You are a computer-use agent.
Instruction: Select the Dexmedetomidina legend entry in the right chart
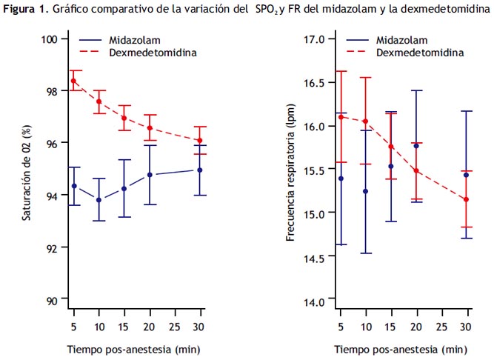tap(420, 53)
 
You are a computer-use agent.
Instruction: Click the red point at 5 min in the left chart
tap(73, 81)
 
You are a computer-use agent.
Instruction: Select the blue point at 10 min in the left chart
tap(99, 200)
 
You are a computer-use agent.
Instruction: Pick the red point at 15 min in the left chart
tap(124, 118)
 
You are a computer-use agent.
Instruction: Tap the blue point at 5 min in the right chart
tap(340, 179)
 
